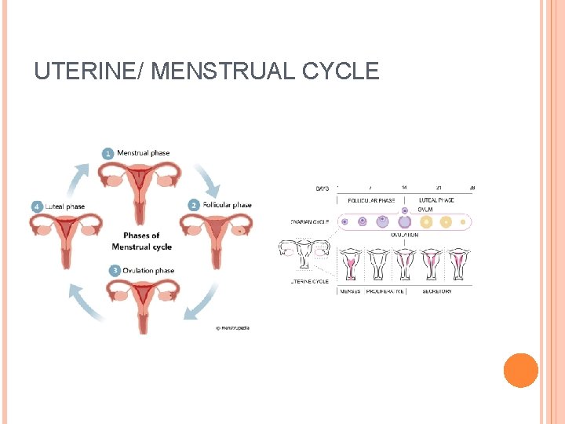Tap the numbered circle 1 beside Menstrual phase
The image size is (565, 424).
[x=108, y=153]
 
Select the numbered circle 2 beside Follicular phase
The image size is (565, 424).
[x=193, y=206]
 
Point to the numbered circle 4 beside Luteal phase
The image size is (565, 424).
[x=36, y=207]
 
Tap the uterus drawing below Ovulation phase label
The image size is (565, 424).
[x=141, y=302]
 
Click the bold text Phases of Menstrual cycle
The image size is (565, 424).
[x=141, y=241]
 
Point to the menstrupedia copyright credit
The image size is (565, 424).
[x=232, y=327]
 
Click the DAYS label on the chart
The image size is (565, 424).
[x=322, y=188]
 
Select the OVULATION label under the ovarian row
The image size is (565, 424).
[x=403, y=234]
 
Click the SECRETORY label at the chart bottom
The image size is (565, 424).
[x=436, y=291]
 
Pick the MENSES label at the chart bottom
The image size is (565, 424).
[x=350, y=291]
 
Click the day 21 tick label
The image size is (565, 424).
[x=438, y=188]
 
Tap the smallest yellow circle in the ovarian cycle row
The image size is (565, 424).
[x=464, y=222]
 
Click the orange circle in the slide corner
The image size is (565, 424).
[x=520, y=371]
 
